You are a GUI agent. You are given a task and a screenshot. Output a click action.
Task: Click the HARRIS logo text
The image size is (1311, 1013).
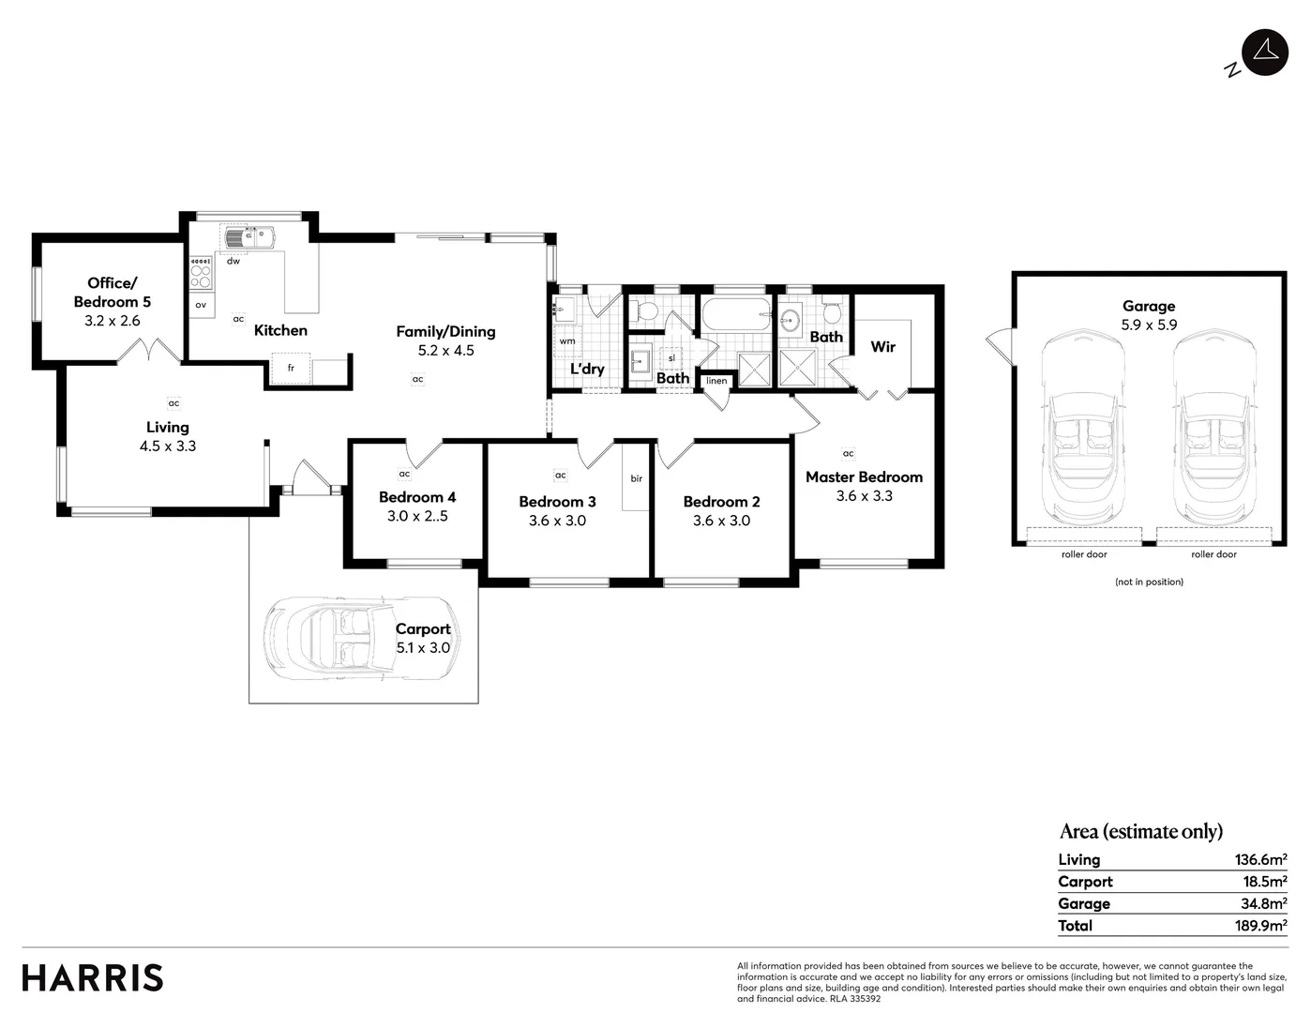tap(93, 977)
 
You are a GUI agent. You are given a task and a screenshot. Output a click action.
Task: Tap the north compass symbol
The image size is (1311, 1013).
tap(1264, 52)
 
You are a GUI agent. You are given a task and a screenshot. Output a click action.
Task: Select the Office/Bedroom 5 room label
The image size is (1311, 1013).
tap(113, 292)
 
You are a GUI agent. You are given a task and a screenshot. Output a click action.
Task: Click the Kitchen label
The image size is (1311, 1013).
tap(280, 330)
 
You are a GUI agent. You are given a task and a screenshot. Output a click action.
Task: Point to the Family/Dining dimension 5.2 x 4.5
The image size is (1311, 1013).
tap(445, 351)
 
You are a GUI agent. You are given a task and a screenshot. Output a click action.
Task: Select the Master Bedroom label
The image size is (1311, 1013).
tap(864, 476)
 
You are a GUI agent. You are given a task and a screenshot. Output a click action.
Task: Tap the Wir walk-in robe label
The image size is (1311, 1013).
tap(882, 346)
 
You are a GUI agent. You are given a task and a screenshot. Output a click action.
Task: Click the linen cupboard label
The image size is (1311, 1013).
tap(716, 381)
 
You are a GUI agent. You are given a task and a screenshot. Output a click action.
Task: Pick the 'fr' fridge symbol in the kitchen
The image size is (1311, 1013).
tap(291, 369)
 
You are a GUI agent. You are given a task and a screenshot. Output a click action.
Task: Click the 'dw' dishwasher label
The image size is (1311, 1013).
tap(234, 261)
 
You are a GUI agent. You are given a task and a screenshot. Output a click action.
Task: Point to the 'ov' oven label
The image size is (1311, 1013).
tap(201, 305)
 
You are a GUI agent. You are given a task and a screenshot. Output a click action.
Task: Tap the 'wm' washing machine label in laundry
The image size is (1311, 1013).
tap(567, 341)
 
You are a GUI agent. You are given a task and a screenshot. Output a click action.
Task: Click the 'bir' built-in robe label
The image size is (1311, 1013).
tap(636, 478)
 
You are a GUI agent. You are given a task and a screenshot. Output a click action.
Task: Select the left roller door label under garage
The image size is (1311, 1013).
tap(1084, 554)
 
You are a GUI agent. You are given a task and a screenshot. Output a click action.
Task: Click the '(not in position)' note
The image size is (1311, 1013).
tap(1149, 582)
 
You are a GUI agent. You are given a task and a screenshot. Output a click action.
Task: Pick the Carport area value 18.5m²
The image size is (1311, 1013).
tap(1260, 882)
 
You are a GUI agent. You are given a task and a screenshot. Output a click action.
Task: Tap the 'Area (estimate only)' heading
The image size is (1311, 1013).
tap(1141, 831)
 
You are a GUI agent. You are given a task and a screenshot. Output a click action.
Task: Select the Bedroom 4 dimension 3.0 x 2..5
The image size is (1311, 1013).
tap(417, 516)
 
